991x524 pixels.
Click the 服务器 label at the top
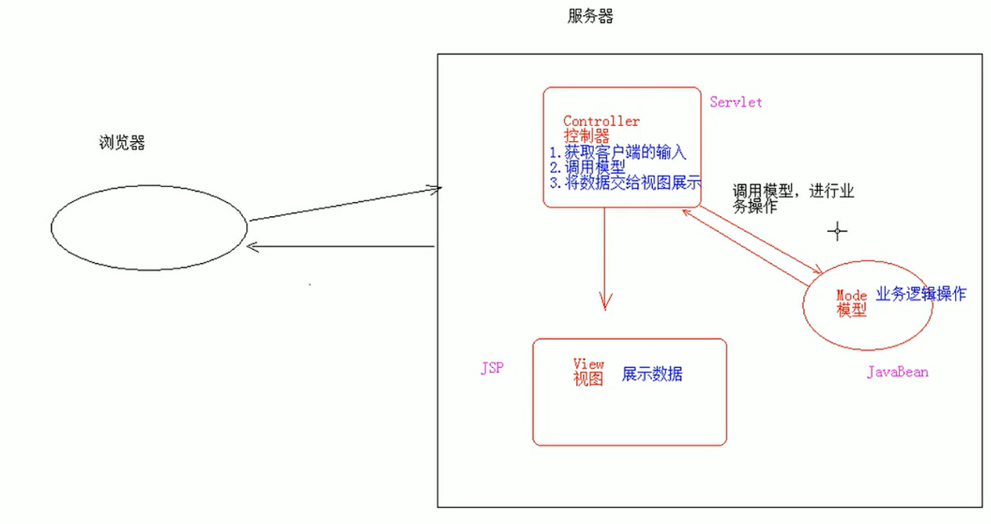click(x=590, y=17)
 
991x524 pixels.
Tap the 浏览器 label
click(x=122, y=143)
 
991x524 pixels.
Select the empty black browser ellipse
click(x=149, y=226)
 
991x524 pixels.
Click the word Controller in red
click(x=601, y=122)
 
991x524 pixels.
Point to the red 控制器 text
click(x=586, y=136)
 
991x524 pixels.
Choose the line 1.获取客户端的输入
click(x=618, y=153)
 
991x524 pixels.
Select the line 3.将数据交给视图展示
click(x=624, y=183)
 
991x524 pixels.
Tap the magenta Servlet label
click(x=736, y=102)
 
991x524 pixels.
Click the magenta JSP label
click(x=492, y=368)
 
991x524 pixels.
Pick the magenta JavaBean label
click(x=897, y=371)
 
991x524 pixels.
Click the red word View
click(x=588, y=364)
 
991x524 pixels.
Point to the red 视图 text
click(x=588, y=379)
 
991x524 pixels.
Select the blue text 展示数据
click(x=651, y=374)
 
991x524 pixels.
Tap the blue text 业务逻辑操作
click(x=921, y=294)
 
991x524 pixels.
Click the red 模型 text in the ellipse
click(x=852, y=310)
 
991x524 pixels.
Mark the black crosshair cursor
click(x=837, y=231)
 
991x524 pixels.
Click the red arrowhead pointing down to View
click(x=604, y=301)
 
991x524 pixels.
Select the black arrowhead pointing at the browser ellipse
click(x=254, y=246)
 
